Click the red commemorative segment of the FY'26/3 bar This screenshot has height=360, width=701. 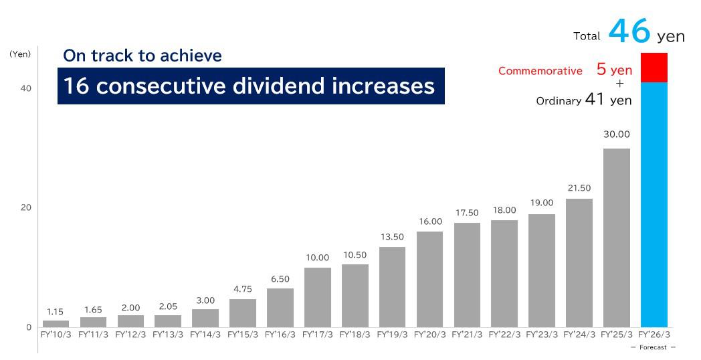point(654,68)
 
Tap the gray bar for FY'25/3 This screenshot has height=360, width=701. point(616,238)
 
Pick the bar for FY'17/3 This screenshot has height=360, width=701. point(317,297)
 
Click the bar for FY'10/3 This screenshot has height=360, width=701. point(56,323)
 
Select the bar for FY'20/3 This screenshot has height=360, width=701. point(429,279)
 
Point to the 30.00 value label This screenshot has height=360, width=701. point(616,134)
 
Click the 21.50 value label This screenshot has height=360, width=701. point(579,188)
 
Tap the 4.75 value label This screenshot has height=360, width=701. point(242,289)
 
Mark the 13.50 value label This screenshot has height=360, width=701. point(392,237)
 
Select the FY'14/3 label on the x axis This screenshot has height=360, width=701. point(205,334)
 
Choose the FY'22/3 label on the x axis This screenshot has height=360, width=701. point(504,334)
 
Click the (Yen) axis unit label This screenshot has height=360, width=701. point(20,54)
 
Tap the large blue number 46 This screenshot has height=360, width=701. point(629,32)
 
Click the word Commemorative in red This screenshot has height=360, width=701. point(540,71)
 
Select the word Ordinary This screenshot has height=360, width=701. point(558,102)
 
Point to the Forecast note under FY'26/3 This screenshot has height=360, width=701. point(653,347)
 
